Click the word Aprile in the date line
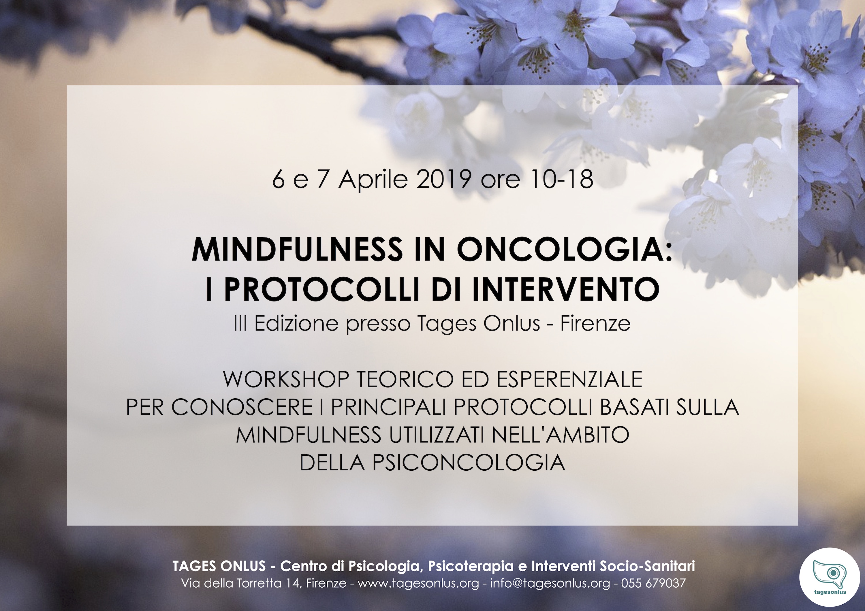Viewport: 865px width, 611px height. coord(373,180)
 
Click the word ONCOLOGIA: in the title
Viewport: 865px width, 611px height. coord(564,249)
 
